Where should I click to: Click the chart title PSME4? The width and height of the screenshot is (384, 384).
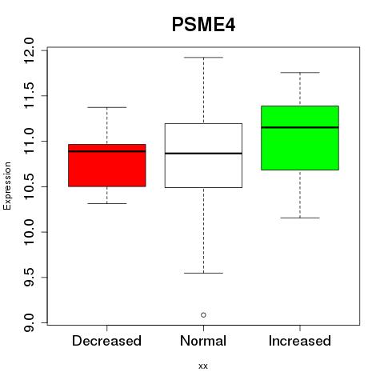(x=203, y=25)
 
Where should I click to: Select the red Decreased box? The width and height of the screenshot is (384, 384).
(x=107, y=166)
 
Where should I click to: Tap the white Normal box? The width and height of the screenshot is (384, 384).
(x=203, y=155)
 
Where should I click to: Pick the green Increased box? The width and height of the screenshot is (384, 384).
(x=300, y=138)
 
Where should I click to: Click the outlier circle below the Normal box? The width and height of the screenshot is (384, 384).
(x=203, y=315)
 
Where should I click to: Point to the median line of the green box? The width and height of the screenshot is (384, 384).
(x=300, y=127)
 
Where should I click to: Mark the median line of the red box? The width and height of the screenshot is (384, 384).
(x=107, y=151)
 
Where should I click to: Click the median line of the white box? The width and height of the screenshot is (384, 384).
(x=203, y=154)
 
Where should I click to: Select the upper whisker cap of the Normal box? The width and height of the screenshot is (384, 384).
(x=203, y=58)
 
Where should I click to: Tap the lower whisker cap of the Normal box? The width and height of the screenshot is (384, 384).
(x=203, y=273)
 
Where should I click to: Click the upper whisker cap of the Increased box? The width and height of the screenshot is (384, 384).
(x=300, y=73)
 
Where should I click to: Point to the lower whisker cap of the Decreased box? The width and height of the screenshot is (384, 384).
(x=107, y=203)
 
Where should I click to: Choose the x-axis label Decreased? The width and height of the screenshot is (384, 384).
(x=106, y=341)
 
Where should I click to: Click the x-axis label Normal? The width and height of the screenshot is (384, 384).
(x=203, y=341)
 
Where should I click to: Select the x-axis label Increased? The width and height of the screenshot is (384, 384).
(x=300, y=341)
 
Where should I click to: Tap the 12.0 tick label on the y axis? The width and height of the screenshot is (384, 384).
(x=29, y=50)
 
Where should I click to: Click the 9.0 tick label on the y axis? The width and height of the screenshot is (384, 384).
(x=29, y=322)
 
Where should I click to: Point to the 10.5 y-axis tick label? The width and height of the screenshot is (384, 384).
(x=29, y=186)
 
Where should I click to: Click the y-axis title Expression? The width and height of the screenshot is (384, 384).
(x=7, y=186)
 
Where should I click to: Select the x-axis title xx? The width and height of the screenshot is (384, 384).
(x=203, y=366)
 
